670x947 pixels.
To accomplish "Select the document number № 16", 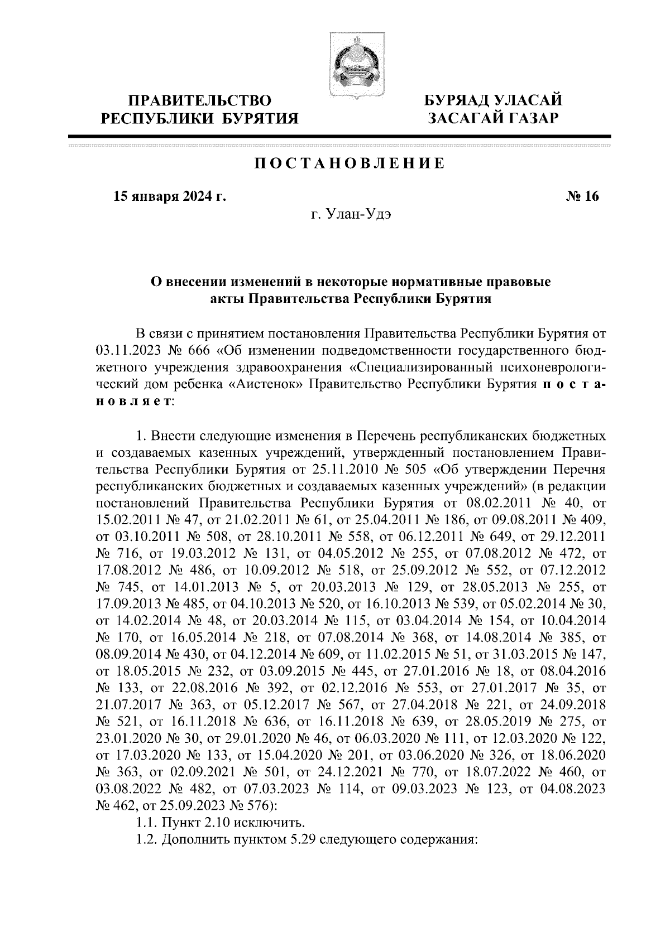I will [x=581, y=196].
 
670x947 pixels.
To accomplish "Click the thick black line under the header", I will [x=339, y=136].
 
